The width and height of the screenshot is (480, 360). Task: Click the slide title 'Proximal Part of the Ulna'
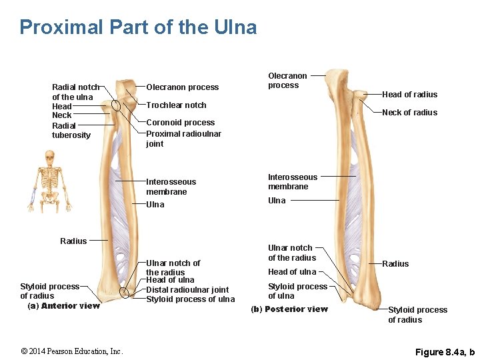[x=138, y=27]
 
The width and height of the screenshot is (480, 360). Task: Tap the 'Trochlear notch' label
[x=176, y=105]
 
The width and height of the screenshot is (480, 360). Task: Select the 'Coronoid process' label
[x=180, y=123]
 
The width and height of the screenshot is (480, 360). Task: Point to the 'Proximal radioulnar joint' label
[x=183, y=139]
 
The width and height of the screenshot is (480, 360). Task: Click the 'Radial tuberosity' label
[x=71, y=131]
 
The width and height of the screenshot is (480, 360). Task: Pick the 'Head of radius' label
[x=409, y=95]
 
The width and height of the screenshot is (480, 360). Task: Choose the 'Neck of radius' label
[x=409, y=113]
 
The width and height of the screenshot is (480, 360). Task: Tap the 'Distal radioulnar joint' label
[x=187, y=290]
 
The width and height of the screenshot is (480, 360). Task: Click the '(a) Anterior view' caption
[x=63, y=306]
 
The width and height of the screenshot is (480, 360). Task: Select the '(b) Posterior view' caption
[x=289, y=309]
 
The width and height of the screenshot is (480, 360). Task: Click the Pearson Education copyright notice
[x=71, y=351]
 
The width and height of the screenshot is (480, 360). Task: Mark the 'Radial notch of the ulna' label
[x=75, y=92]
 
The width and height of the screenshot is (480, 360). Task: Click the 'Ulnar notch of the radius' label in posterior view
[x=292, y=253]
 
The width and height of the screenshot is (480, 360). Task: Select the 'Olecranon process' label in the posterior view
[x=287, y=81]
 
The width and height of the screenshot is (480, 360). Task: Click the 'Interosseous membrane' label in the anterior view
[x=171, y=187]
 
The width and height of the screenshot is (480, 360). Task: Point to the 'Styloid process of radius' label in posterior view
[x=417, y=315]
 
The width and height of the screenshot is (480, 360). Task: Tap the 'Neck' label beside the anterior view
[x=61, y=115]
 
